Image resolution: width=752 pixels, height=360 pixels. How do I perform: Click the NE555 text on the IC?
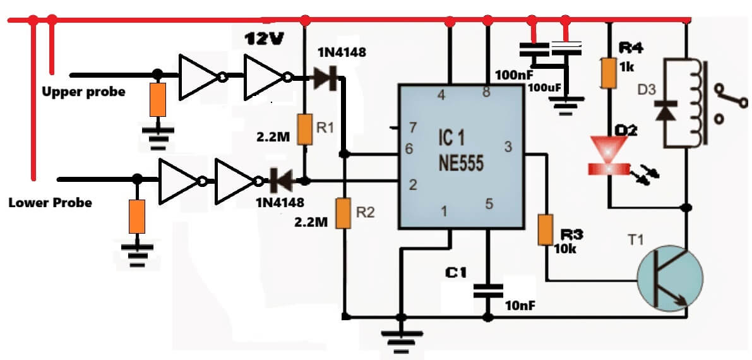[x=461, y=164]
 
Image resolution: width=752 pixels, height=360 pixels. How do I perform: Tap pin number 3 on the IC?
[x=508, y=147]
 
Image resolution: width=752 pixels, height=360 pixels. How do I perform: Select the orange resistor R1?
[x=304, y=129]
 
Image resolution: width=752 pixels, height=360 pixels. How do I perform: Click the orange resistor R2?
[x=343, y=213]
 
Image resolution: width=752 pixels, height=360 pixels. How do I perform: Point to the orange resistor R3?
[x=546, y=230]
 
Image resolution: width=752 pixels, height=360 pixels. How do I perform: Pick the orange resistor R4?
[x=609, y=73]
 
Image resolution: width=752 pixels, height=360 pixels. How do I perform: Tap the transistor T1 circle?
[x=670, y=277]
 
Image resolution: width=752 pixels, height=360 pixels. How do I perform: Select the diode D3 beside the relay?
[x=665, y=111]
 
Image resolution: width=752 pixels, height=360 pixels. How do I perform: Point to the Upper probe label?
[x=83, y=92]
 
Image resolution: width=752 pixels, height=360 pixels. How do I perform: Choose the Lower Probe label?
[x=50, y=203]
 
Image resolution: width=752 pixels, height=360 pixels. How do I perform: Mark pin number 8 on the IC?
[x=486, y=92]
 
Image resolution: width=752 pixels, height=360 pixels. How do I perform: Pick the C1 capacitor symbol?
[x=487, y=291]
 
